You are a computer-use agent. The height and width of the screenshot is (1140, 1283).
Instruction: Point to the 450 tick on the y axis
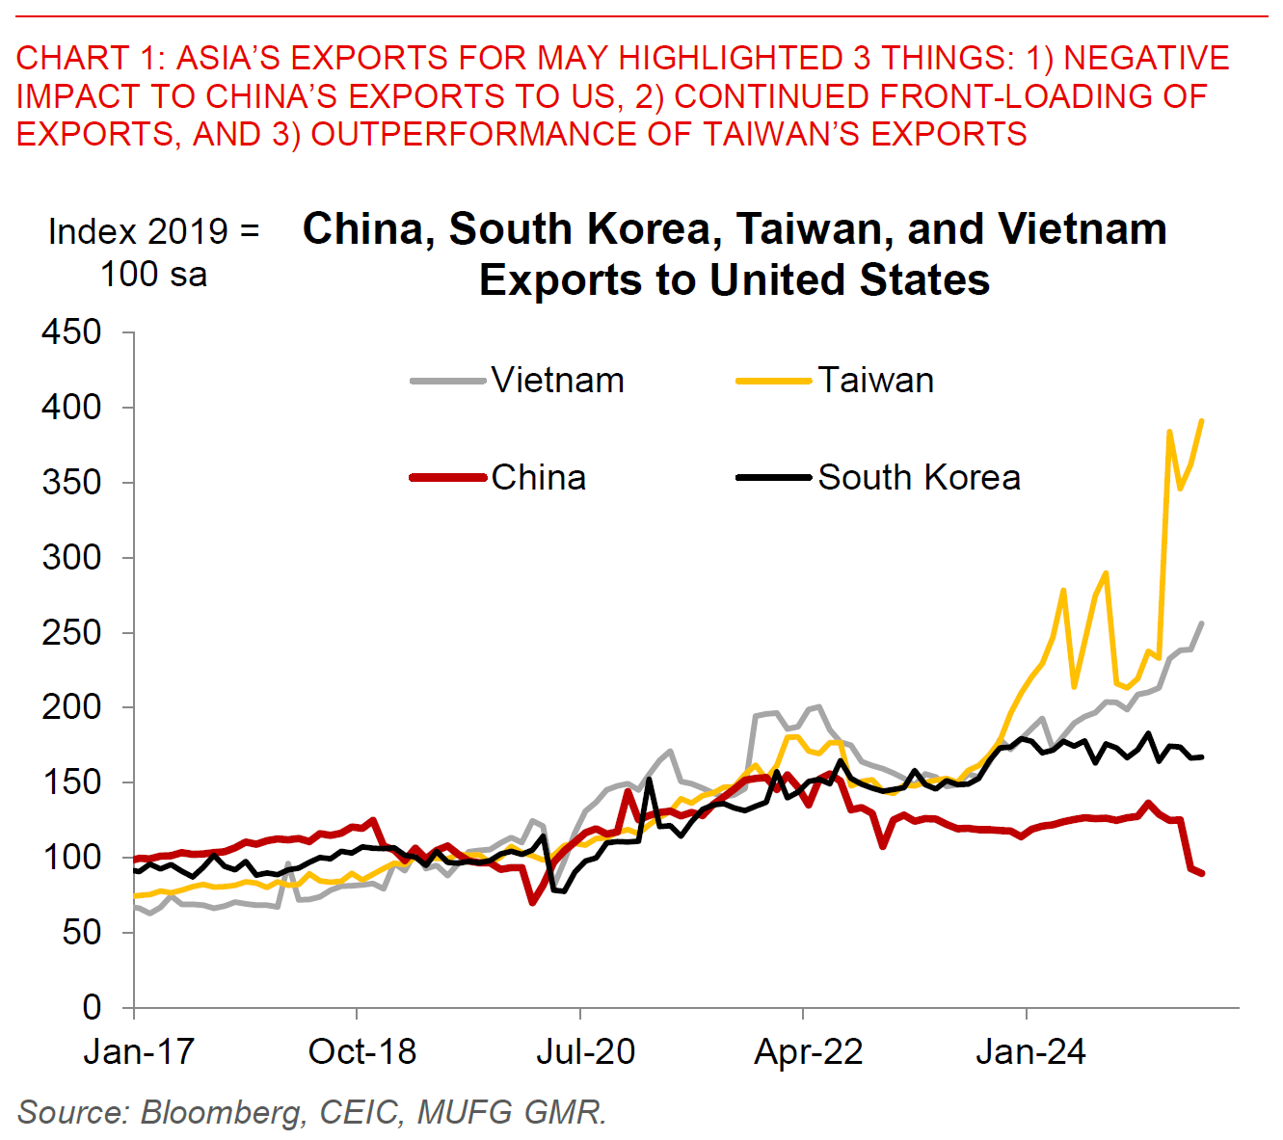click(72, 332)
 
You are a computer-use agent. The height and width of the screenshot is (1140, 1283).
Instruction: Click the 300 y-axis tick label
click(72, 557)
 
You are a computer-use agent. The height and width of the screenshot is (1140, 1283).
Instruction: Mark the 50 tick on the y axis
click(83, 932)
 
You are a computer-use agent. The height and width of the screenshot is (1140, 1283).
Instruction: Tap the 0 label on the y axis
click(93, 1007)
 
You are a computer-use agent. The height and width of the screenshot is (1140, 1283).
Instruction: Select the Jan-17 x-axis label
click(139, 1051)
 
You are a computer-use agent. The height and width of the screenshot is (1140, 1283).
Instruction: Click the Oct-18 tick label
click(361, 1051)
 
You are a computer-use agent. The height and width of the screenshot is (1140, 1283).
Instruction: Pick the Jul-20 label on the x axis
click(585, 1051)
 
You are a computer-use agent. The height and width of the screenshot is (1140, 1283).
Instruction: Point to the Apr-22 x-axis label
click(808, 1051)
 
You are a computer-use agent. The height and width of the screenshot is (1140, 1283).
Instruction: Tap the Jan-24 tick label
click(1030, 1051)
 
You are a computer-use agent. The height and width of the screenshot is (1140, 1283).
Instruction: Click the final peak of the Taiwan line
click(1201, 420)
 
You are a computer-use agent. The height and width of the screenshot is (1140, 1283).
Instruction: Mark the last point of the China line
click(1202, 873)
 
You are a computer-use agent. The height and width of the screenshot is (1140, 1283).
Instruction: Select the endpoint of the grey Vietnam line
click(1201, 623)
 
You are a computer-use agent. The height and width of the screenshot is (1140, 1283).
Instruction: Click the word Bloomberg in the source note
click(221, 1112)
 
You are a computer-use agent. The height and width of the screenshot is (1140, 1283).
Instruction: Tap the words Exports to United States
click(735, 280)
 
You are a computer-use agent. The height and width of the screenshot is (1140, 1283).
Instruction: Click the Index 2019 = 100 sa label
click(154, 252)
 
